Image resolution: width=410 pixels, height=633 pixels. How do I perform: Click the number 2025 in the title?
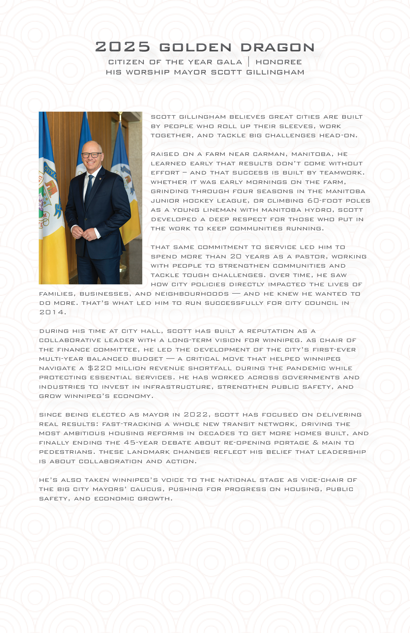[123, 47]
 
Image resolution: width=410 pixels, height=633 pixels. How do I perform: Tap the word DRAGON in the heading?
[278, 48]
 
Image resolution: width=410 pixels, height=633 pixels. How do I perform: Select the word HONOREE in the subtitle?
[279, 62]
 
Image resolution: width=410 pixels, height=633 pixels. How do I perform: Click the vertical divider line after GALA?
[249, 62]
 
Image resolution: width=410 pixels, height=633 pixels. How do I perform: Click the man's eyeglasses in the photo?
[91, 155]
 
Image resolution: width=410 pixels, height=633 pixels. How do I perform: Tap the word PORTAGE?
[291, 443]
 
